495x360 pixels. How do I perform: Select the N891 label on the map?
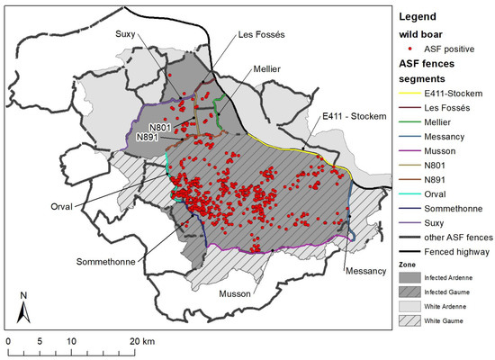pyautogui.click(x=152, y=137)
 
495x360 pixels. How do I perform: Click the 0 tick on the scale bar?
pyautogui.click(x=7, y=343)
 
